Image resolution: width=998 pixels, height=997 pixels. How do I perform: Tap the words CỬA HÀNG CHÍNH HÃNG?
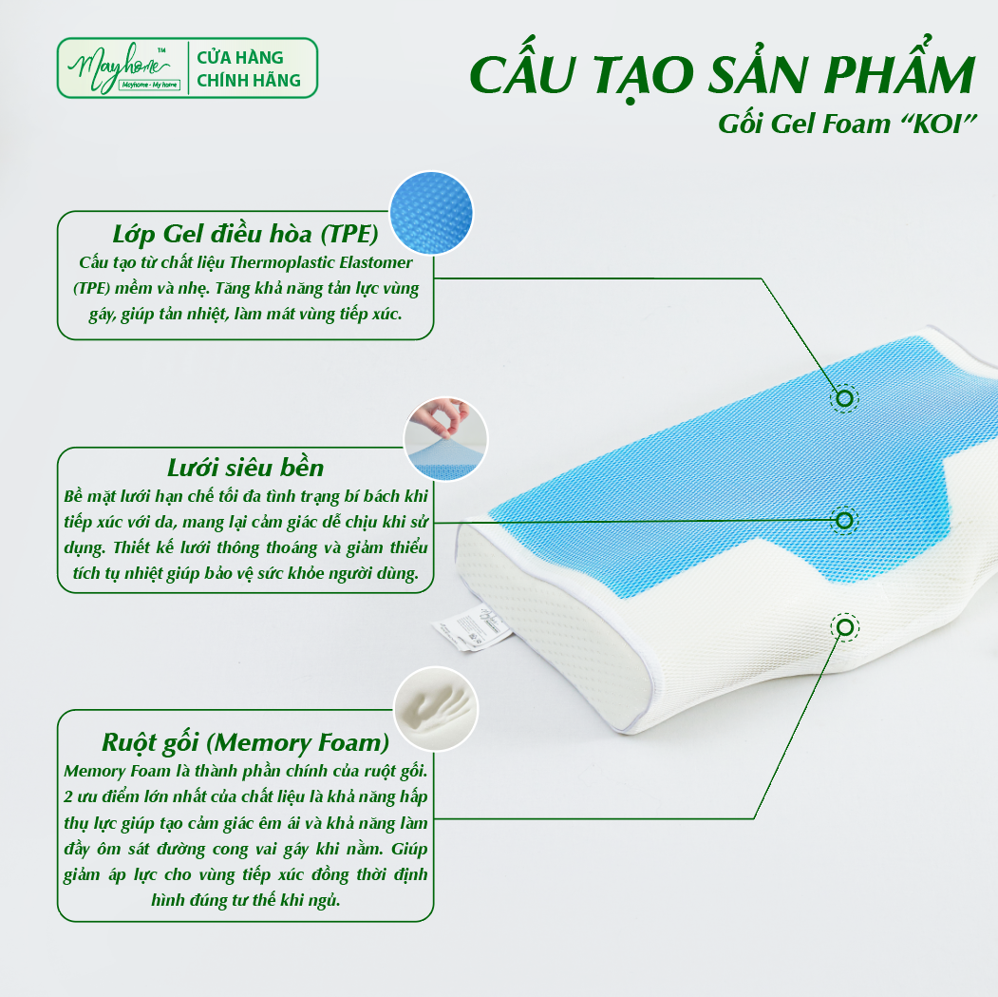pos(248,68)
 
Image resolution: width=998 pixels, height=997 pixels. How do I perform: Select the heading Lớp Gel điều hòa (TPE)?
pos(245,234)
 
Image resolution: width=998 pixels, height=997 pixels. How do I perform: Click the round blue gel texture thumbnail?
pos(431,212)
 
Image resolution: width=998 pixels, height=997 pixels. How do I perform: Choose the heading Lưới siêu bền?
pos(245,468)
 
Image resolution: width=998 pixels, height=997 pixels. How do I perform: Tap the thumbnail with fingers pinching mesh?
pos(445,439)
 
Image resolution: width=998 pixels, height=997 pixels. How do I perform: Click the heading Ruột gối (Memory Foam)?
pos(245,742)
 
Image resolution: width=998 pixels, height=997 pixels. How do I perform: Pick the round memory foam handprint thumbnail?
pos(436,708)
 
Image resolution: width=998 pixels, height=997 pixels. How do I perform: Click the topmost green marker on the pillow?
pos(844,398)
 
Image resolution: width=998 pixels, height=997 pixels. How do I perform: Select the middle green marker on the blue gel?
pos(844,521)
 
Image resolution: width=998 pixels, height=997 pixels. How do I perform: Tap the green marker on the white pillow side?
pos(844,627)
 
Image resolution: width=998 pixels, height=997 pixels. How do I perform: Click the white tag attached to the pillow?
pos(472,627)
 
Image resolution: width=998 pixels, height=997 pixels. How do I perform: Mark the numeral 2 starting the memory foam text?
pos(68,797)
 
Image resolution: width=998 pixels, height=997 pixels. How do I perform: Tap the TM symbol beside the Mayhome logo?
pos(161,49)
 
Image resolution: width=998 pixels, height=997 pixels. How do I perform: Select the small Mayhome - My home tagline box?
pos(150,85)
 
